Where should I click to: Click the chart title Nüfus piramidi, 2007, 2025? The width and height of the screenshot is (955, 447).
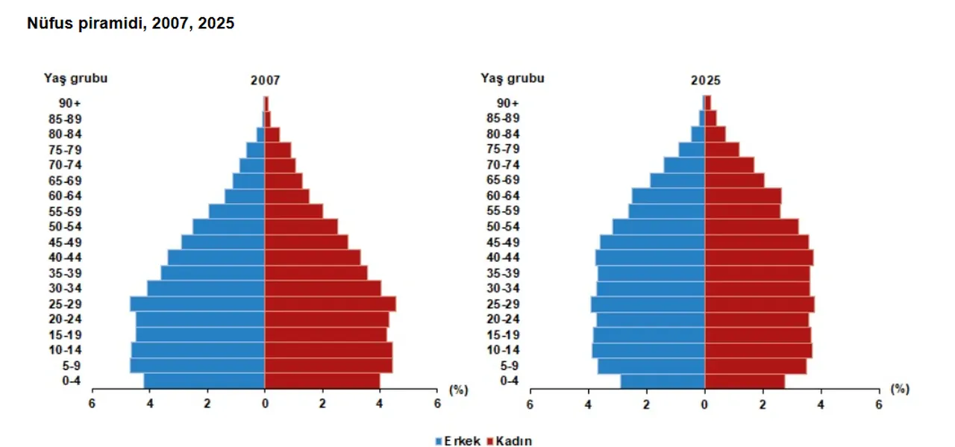[131, 24]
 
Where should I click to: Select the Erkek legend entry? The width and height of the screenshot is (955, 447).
[458, 441]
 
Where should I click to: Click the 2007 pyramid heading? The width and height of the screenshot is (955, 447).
[265, 80]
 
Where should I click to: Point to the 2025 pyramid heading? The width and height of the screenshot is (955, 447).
[705, 80]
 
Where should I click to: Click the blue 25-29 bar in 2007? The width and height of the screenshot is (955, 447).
[198, 304]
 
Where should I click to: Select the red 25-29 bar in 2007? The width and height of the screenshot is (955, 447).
[330, 304]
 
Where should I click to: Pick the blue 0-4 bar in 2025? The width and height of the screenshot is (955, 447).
[663, 381]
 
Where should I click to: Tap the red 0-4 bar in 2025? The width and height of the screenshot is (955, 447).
[745, 381]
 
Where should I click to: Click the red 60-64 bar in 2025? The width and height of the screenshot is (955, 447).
[743, 196]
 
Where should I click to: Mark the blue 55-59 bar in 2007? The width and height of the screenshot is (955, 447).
[237, 211]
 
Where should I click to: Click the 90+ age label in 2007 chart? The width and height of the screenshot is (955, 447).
[70, 103]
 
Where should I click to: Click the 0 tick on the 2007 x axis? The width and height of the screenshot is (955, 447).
[265, 404]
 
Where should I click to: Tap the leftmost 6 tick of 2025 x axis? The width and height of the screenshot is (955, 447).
[530, 404]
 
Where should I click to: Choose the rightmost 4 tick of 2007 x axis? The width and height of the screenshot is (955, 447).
[380, 404]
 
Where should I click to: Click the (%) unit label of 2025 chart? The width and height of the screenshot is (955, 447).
[900, 389]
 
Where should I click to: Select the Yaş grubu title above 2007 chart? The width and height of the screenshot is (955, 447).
[75, 77]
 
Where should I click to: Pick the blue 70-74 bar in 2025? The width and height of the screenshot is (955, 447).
[684, 164]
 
